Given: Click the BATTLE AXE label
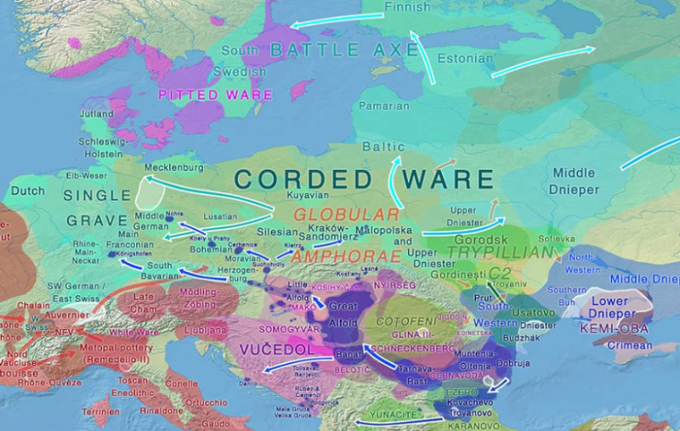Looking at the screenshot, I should (x=344, y=50).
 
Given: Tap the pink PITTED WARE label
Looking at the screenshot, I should (x=215, y=94).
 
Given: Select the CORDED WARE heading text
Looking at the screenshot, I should (x=364, y=179).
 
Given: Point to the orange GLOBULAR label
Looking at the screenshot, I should (x=346, y=214).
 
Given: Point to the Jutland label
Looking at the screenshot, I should (x=96, y=113).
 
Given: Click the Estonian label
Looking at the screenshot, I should (x=464, y=59).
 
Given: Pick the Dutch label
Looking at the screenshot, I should (x=28, y=190).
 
